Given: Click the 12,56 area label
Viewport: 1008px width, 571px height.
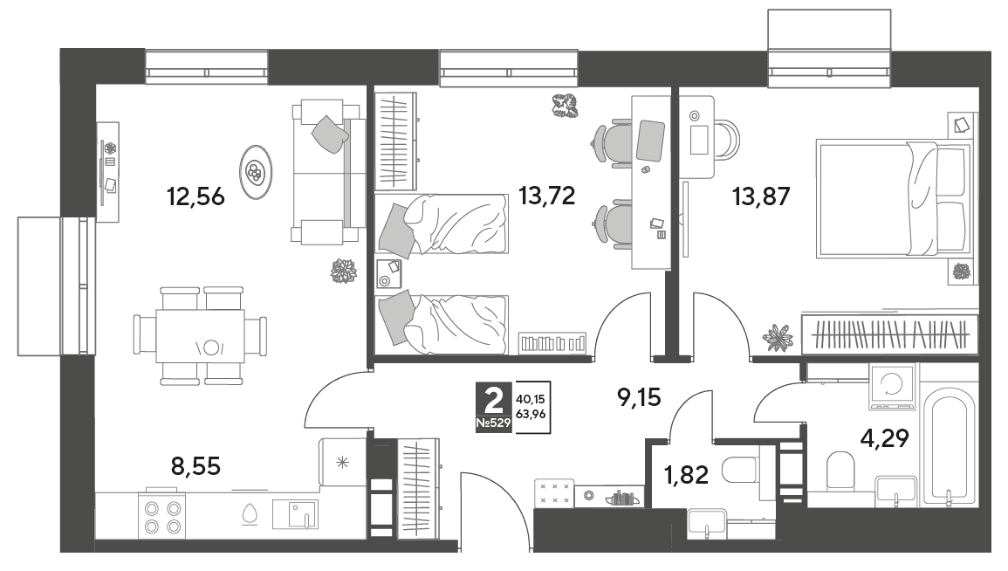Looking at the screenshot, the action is (x=195, y=196).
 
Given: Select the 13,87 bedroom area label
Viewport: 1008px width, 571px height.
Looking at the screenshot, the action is (x=761, y=196).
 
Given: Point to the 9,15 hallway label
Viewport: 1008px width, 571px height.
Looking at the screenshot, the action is (x=639, y=397).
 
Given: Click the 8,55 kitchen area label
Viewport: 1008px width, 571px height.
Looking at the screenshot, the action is (x=196, y=465).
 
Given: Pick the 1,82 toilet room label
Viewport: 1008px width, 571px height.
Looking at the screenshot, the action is (x=686, y=475).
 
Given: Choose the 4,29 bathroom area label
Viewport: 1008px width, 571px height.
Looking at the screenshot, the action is (x=885, y=438).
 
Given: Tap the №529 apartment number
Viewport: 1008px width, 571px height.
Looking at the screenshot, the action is (x=493, y=423).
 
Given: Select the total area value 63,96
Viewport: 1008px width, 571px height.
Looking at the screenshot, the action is (x=531, y=414).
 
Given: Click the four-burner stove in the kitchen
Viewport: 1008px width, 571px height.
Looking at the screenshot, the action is (x=162, y=517).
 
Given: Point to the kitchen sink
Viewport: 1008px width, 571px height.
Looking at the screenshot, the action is (x=295, y=514).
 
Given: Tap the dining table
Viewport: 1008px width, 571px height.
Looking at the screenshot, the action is (x=200, y=336).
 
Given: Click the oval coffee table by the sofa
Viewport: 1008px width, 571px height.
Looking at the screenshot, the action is (x=255, y=172).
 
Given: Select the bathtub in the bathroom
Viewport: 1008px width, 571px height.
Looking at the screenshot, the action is (x=949, y=450).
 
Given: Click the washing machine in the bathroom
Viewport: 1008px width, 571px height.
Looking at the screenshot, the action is (x=892, y=387).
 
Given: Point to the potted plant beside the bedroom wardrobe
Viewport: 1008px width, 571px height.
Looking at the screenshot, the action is (x=778, y=337).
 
